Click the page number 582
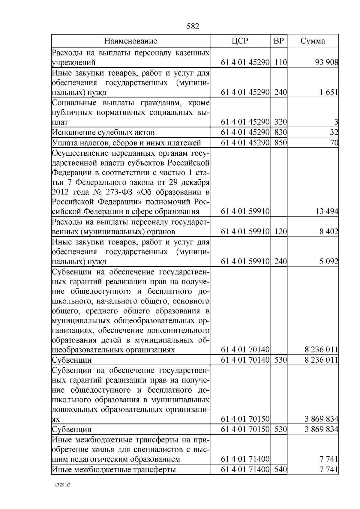point(193,27)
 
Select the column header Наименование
point(130,41)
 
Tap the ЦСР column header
point(240,41)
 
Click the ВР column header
point(279,41)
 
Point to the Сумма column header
point(313,41)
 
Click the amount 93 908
point(326,63)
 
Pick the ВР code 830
point(281,132)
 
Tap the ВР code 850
point(281,142)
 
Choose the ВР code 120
point(281,232)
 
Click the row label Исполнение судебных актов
point(103,133)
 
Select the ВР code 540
point(281,469)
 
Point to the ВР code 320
point(281,122)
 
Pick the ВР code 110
point(281,63)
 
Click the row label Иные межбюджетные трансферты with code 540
point(114,470)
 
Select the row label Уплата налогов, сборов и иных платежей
point(126,143)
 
